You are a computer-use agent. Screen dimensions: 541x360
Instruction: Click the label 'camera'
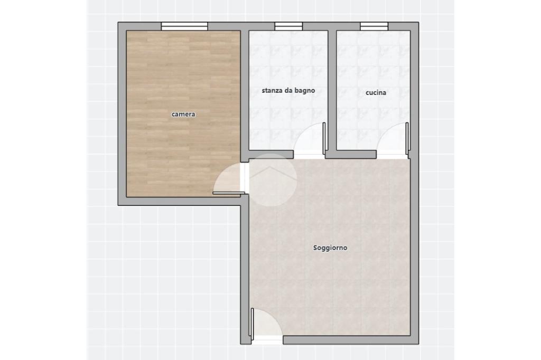[x=183, y=114]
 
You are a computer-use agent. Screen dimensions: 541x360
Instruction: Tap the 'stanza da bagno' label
[x=288, y=91]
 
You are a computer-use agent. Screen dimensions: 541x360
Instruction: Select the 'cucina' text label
[x=376, y=92]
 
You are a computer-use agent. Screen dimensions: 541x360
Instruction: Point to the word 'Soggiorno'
[x=330, y=248]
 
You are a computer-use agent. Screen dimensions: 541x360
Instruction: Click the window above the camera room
[x=184, y=26]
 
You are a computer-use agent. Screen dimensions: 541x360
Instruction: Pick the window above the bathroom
[x=288, y=26]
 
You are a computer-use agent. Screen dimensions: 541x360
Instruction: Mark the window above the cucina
[x=374, y=26]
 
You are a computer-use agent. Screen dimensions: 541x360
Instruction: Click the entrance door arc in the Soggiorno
[x=273, y=316]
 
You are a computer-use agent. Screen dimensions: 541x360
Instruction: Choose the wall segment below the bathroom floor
[x=271, y=154]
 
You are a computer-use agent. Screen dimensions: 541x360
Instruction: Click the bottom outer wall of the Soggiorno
[x=351, y=340]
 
